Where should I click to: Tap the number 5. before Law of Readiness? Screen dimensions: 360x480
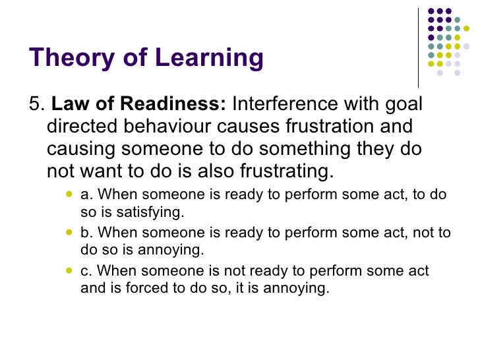[x=38, y=104]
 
